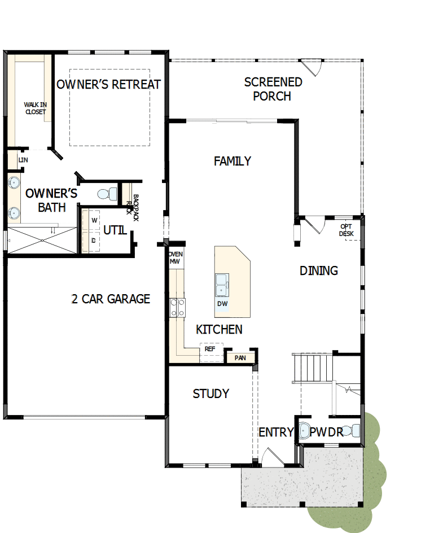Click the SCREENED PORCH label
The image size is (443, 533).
pyautogui.click(x=273, y=89)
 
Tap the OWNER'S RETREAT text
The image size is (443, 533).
pyautogui.click(x=109, y=85)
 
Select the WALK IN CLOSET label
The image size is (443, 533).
pyautogui.click(x=34, y=108)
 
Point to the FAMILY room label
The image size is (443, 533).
pyautogui.click(x=233, y=161)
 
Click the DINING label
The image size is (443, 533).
pyautogui.click(x=319, y=271)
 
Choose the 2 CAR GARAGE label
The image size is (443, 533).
pyautogui.click(x=111, y=299)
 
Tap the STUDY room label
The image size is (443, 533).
pyautogui.click(x=210, y=394)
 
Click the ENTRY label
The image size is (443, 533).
pyautogui.click(x=276, y=433)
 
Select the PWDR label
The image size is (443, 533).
pyautogui.click(x=327, y=433)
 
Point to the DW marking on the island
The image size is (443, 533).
pyautogui.click(x=222, y=304)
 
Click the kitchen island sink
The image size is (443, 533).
pyautogui.click(x=222, y=285)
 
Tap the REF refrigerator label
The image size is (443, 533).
pyautogui.click(x=210, y=349)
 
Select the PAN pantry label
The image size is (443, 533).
pyautogui.click(x=240, y=357)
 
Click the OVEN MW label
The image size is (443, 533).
pyautogui.click(x=176, y=258)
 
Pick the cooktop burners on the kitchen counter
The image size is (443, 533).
pyautogui.click(x=178, y=307)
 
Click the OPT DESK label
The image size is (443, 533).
pyautogui.click(x=346, y=230)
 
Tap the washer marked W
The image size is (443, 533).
pyautogui.click(x=94, y=220)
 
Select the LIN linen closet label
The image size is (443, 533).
pyautogui.click(x=23, y=160)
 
